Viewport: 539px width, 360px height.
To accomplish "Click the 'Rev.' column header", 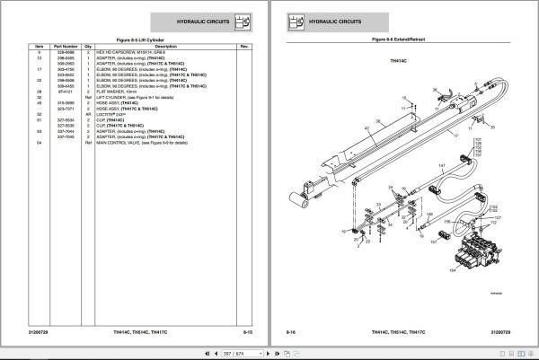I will point(243,47).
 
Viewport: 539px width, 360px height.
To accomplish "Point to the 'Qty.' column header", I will point(89,47).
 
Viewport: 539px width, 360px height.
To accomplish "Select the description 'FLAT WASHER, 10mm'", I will point(131,92).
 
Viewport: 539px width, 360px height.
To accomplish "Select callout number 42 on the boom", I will point(367,129).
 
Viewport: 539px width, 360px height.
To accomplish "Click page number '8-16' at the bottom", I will point(293,331).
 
